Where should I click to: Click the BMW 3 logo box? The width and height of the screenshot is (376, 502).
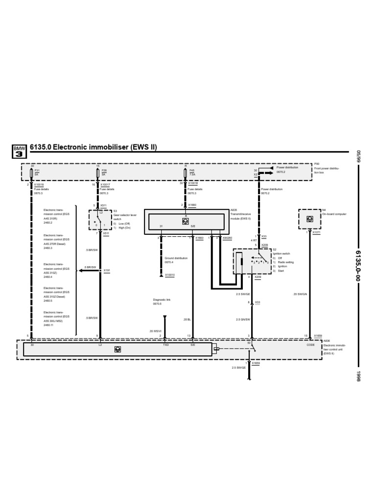click(x=19, y=151)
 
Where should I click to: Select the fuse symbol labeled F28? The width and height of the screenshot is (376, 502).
click(x=98, y=172)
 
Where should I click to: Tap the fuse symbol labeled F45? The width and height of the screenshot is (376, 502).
click(x=186, y=172)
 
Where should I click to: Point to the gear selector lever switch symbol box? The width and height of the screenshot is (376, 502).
click(x=99, y=220)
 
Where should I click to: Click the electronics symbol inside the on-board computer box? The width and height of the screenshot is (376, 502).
click(x=309, y=219)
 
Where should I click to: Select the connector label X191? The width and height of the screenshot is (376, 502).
click(x=107, y=270)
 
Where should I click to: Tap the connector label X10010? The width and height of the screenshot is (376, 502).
click(x=170, y=275)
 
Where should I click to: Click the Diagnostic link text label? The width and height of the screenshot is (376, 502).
click(x=162, y=299)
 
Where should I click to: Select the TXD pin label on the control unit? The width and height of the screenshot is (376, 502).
click(x=165, y=345)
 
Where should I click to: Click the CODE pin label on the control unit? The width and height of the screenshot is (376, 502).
click(x=310, y=345)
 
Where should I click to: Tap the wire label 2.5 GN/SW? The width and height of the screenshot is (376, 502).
click(x=242, y=319)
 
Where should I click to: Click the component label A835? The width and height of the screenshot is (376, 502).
click(x=233, y=210)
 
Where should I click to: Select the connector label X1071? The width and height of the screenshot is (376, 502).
click(x=316, y=232)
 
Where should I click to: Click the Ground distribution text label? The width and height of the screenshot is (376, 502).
click(x=176, y=258)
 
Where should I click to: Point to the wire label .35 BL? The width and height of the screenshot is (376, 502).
click(x=187, y=319)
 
